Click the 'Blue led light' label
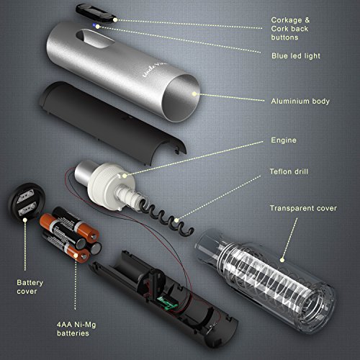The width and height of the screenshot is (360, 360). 296,56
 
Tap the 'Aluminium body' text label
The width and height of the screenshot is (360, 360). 300,102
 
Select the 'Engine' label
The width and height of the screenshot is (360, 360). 284,140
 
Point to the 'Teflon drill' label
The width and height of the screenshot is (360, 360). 289,171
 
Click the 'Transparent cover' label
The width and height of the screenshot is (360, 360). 303,208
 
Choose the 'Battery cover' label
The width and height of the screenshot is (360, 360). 30,287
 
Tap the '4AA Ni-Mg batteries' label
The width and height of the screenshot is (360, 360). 76,329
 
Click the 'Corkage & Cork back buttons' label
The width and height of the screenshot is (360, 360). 290,29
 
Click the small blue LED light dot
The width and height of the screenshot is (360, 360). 94,25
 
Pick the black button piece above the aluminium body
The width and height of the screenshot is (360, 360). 96,13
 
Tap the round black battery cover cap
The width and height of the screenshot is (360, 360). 27,202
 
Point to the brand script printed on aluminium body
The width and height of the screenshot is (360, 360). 154,69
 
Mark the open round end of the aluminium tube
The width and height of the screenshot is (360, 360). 181,98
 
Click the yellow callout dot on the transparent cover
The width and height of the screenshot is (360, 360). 282,260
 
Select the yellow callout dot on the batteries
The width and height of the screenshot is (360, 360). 76,256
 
